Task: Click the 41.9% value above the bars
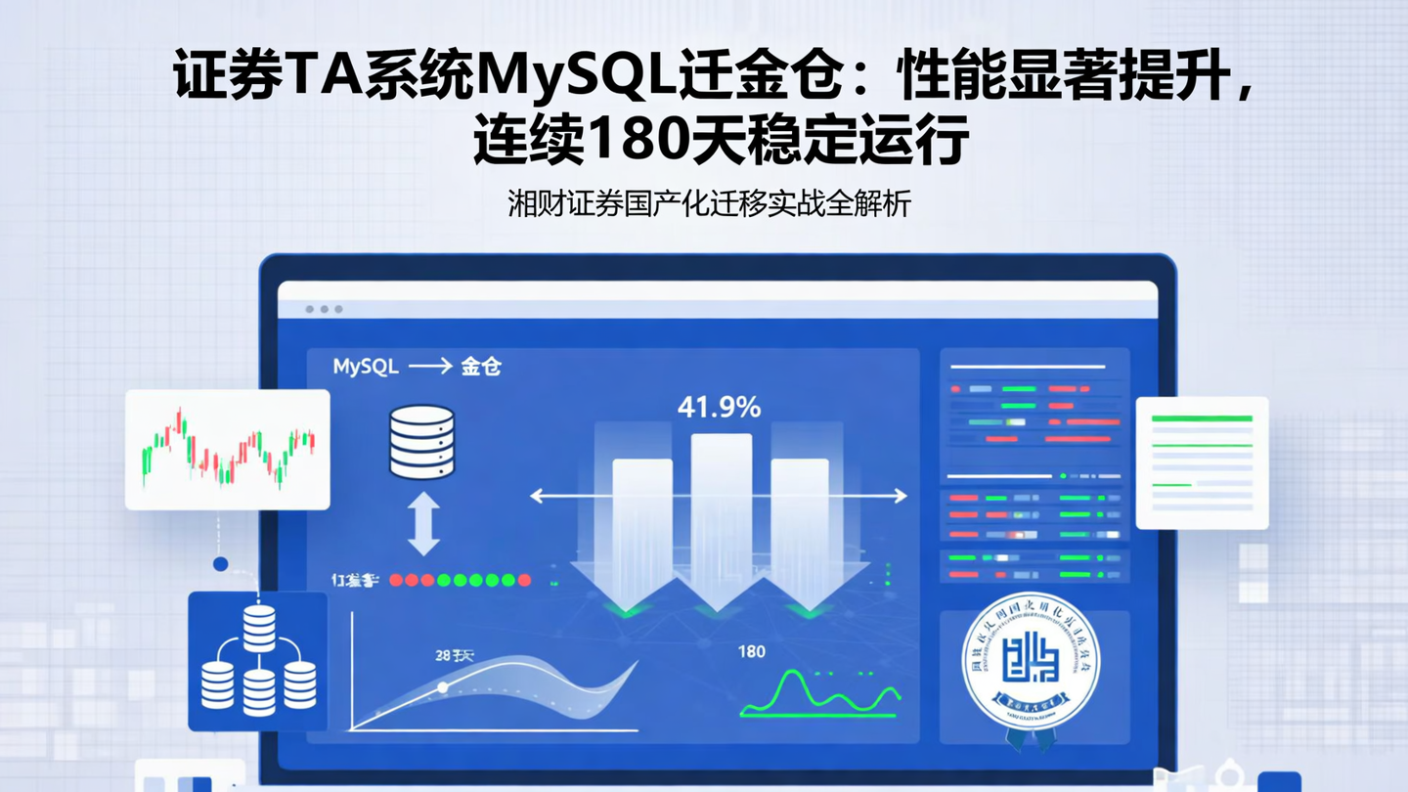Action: [719, 407]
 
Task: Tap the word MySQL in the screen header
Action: [366, 368]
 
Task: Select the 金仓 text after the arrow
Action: [480, 368]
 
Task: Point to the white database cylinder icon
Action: [421, 441]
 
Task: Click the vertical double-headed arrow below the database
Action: [422, 524]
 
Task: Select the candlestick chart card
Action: [227, 449]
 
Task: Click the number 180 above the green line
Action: [751, 652]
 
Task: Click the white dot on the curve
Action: [442, 687]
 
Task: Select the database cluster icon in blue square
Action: [258, 661]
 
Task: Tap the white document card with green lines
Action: [1202, 462]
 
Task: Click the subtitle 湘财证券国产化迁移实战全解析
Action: [709, 204]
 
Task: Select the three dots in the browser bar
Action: [324, 309]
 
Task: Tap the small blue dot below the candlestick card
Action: [220, 564]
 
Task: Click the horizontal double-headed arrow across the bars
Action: [719, 497]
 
